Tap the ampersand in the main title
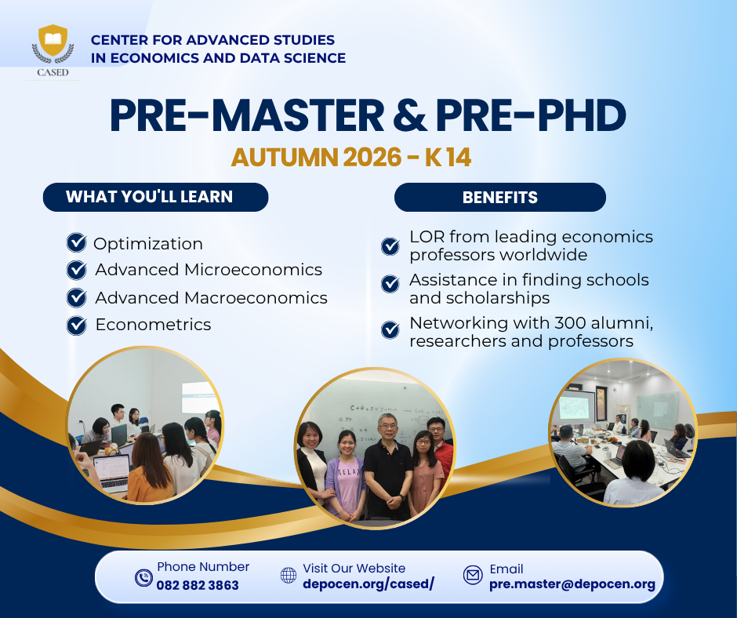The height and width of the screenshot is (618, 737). [x=410, y=115]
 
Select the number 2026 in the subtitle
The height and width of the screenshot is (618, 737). [x=372, y=157]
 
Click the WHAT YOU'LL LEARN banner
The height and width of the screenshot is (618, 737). [x=155, y=197]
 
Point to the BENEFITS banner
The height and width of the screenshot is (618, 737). [x=500, y=197]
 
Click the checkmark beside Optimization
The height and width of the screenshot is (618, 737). [x=77, y=243]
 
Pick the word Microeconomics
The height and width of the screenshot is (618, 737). [x=253, y=270]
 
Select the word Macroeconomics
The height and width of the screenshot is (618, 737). [x=256, y=298]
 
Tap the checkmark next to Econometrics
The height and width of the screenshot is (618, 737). [x=77, y=325]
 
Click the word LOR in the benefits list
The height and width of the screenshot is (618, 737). [x=427, y=237]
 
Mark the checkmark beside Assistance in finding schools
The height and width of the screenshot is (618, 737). [x=390, y=284]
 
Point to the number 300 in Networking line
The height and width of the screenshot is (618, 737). [x=570, y=323]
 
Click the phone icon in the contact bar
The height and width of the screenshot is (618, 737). [x=143, y=577]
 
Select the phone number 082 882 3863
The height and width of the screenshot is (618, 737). [x=198, y=585]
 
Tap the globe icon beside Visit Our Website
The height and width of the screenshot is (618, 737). [x=288, y=575]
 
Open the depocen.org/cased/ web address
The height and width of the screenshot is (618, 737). [x=368, y=583]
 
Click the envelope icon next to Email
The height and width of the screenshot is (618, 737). [x=473, y=575]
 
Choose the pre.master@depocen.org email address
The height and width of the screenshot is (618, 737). [x=572, y=584]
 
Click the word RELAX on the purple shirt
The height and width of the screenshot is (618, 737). [x=349, y=471]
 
